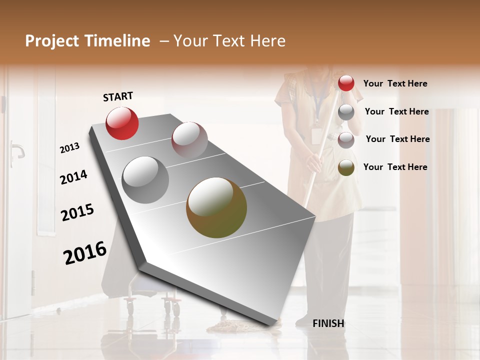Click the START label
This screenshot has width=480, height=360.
(118, 96)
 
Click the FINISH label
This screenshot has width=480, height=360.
(328, 323)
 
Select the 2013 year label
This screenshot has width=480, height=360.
(70, 148)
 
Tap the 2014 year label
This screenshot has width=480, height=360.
(73, 177)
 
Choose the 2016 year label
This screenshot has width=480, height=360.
(85, 252)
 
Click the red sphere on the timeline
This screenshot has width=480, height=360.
(122, 123)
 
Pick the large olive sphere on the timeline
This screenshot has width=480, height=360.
(216, 207)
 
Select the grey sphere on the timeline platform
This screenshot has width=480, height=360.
(145, 180)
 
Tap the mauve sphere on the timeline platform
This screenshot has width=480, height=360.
(189, 140)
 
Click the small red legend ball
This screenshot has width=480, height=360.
(346, 83)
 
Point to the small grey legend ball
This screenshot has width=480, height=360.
(346, 112)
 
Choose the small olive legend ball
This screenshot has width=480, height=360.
(346, 167)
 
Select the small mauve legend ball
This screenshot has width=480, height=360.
(346, 140)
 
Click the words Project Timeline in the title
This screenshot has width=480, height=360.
(87, 41)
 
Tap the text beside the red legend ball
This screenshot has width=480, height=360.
(395, 83)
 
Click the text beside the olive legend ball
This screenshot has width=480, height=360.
(395, 167)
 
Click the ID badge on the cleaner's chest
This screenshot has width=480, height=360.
(316, 135)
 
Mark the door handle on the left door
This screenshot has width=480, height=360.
(17, 149)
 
